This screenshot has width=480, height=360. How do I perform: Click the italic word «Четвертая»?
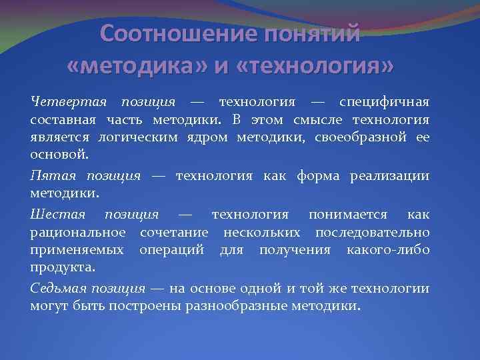[x=69, y=102]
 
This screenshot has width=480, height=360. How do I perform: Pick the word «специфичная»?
[x=384, y=102]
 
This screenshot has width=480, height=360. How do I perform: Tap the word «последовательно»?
[x=373, y=232]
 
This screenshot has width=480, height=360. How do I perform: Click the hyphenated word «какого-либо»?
[x=388, y=249]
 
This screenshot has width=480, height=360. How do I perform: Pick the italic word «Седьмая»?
[x=59, y=289]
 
